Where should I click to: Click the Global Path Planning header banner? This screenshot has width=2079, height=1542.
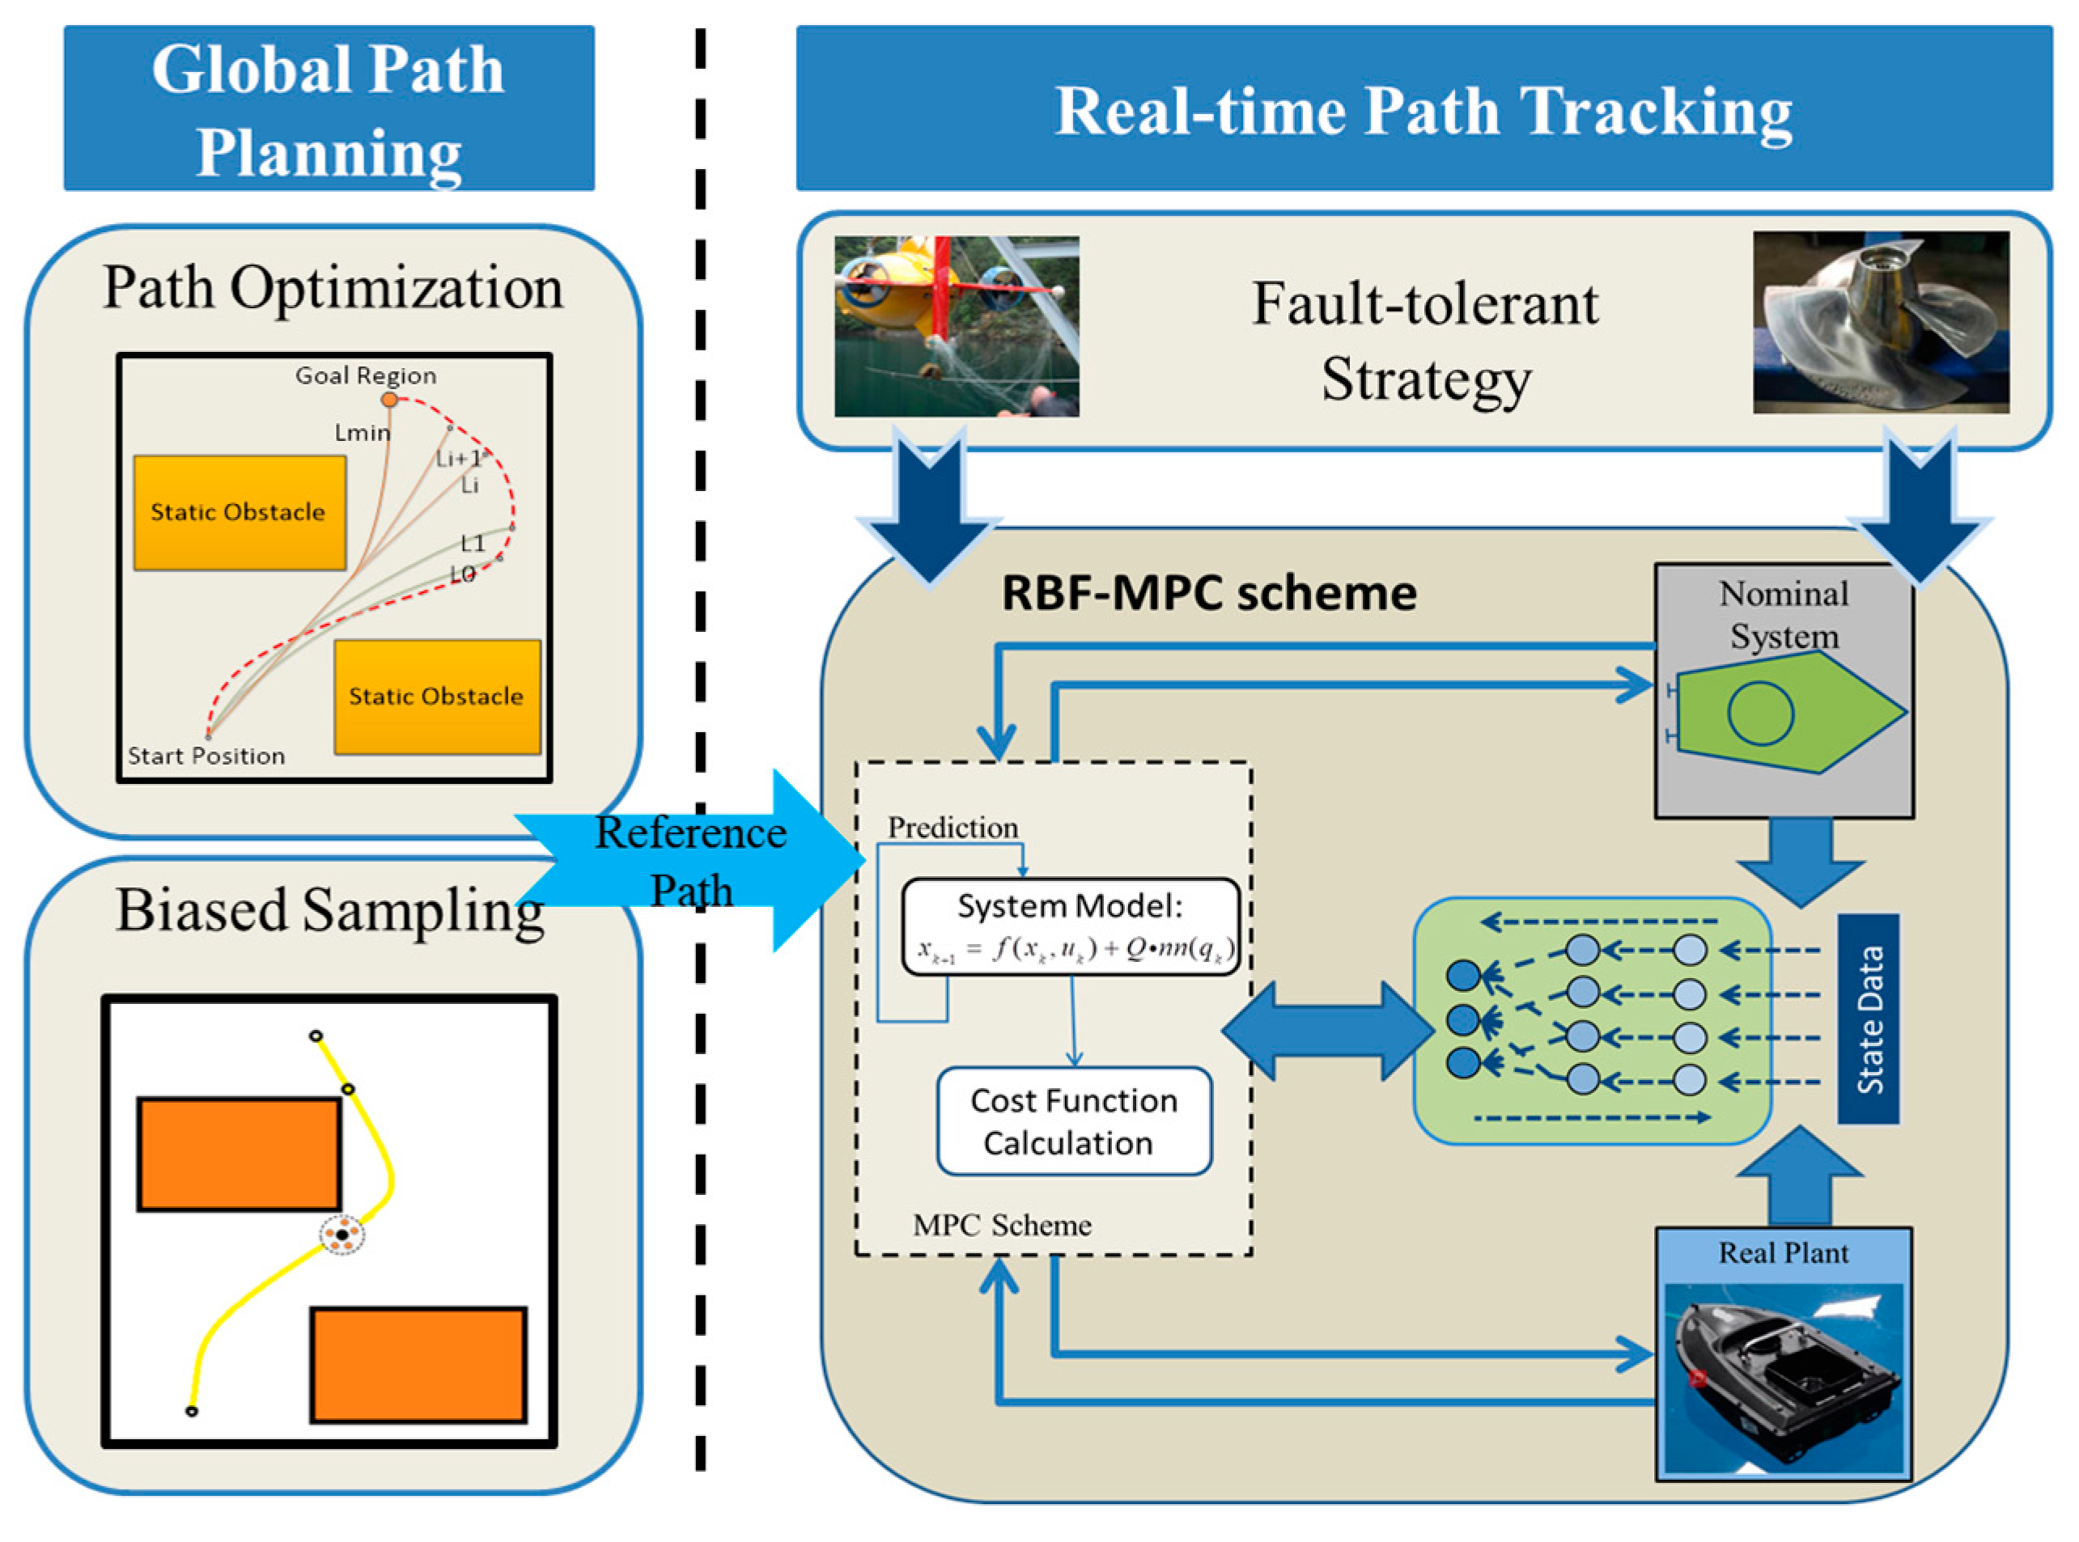tap(329, 108)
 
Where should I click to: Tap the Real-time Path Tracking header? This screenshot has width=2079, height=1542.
tap(1423, 109)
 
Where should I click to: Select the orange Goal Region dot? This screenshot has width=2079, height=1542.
tap(389, 400)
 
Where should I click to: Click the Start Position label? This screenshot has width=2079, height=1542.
tap(206, 756)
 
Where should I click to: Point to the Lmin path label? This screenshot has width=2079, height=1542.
tap(363, 432)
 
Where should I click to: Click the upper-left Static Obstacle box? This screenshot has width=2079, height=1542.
tap(239, 512)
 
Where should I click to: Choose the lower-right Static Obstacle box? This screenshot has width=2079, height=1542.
tap(437, 697)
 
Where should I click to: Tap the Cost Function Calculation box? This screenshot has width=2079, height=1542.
tap(1074, 1121)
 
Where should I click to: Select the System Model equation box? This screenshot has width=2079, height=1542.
tap(1071, 927)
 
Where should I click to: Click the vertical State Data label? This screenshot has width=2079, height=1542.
tap(1868, 1019)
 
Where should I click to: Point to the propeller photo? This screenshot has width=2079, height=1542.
tap(1879, 322)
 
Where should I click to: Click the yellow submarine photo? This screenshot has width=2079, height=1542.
tap(956, 326)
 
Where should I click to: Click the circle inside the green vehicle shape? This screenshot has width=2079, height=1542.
tap(1759, 713)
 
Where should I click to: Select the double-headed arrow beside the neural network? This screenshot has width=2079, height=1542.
tap(1326, 1032)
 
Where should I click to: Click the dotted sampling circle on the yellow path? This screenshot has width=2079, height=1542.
tap(342, 1235)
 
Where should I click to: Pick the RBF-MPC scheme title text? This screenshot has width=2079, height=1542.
tap(1208, 593)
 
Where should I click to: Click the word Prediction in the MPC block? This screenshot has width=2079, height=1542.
tap(953, 827)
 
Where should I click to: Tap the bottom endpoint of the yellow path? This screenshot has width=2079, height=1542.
tap(191, 1411)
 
